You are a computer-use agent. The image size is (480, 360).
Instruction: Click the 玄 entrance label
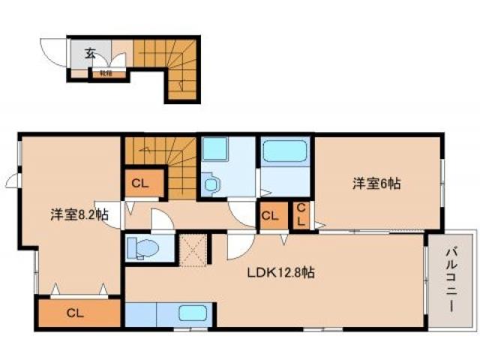[x=90, y=53]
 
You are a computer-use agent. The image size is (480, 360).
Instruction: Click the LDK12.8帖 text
[x=280, y=273]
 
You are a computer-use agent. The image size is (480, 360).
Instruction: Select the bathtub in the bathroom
[x=286, y=152]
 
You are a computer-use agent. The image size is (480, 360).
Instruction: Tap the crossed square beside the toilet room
[x=193, y=247]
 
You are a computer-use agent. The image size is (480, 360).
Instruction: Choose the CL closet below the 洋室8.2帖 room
[x=76, y=313]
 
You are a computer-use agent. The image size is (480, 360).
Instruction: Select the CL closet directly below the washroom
[x=271, y=216]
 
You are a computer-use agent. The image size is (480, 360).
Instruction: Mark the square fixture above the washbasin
[x=214, y=149]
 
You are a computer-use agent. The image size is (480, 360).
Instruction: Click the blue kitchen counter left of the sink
[x=150, y=313]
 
